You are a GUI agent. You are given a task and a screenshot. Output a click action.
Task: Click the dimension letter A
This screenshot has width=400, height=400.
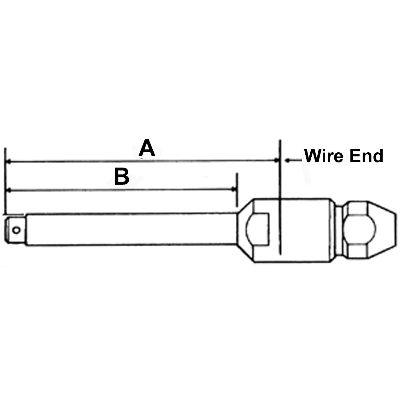(x=147, y=149)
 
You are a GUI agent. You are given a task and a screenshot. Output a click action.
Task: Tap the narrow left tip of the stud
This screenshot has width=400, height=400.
(x=14, y=230)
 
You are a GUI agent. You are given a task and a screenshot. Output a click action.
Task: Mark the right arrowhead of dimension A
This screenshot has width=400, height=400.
(x=276, y=161)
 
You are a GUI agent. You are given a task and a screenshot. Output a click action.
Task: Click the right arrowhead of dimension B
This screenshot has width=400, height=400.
(x=233, y=190)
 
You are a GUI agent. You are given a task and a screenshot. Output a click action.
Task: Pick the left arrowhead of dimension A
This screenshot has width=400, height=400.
(x=9, y=162)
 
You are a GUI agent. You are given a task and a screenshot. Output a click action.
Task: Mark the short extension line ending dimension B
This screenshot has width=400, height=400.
(x=236, y=190)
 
